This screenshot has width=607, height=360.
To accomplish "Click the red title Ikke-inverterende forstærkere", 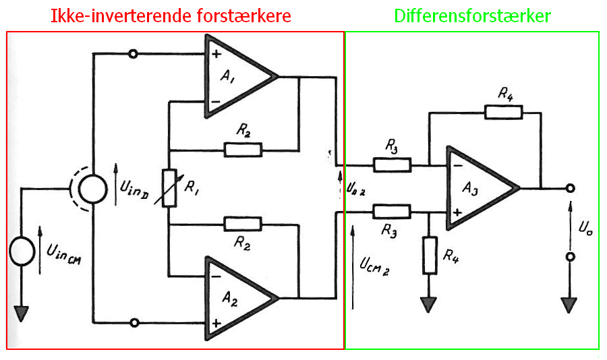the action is pyautogui.click(x=171, y=16).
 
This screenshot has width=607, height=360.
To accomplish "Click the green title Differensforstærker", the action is pyautogui.click(x=472, y=16).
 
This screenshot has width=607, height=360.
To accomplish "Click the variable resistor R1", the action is pyautogui.click(x=169, y=188).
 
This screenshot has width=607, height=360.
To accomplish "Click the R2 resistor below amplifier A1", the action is pyautogui.click(x=243, y=150).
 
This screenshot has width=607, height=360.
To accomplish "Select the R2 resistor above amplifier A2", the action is pyautogui.click(x=243, y=224).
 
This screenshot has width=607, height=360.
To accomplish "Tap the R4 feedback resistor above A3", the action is pyautogui.click(x=504, y=113).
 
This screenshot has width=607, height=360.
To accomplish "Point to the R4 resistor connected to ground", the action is pyautogui.click(x=430, y=256).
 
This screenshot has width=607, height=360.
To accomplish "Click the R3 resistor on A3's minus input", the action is pyautogui.click(x=392, y=165).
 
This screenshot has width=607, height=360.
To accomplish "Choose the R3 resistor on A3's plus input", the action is pyautogui.click(x=392, y=212).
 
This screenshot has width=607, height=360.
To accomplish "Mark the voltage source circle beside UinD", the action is pyautogui.click(x=93, y=189).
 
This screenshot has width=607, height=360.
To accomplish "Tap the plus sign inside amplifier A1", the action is pyautogui.click(x=216, y=53).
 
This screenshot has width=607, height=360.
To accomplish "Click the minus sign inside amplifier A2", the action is pyautogui.click(x=216, y=276).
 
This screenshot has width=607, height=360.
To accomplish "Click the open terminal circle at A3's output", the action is pyautogui.click(x=570, y=189).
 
